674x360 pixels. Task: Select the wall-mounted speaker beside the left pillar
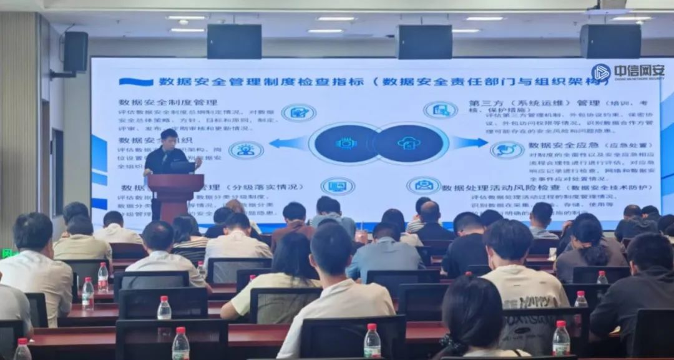click(76, 52)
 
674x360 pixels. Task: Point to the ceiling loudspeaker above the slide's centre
click(424, 42)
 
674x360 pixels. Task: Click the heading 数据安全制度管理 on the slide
click(168, 102)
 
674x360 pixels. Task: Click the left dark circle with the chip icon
click(345, 144)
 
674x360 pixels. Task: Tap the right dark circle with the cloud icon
click(409, 144)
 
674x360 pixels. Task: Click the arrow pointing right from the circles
click(469, 143)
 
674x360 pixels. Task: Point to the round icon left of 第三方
click(441, 110)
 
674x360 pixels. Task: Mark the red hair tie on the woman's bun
click(466, 275)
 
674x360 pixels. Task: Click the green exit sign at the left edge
click(7, 253)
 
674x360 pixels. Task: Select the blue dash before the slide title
click(135, 82)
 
